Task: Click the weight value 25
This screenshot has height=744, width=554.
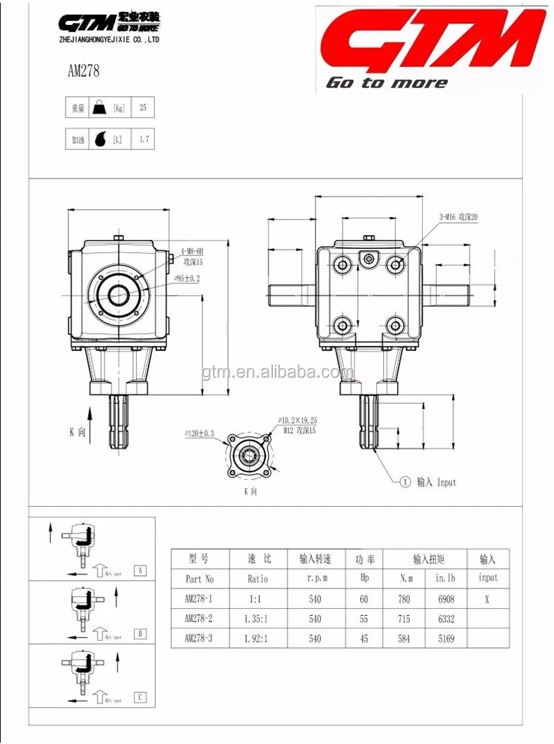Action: [x=144, y=107]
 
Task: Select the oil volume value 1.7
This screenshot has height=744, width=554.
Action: [x=144, y=139]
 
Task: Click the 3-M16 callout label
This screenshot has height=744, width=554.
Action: [x=457, y=217]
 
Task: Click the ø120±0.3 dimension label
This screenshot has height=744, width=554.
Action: [x=200, y=433]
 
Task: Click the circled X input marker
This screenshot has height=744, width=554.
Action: [x=404, y=482]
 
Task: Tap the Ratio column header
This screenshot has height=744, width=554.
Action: [x=257, y=579]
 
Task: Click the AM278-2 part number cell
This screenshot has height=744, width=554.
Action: [x=199, y=618]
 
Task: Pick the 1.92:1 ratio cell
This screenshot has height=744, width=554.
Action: [x=257, y=638]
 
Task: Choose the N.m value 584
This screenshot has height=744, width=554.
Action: [x=404, y=638]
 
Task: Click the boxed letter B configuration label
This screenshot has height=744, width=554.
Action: [x=141, y=633]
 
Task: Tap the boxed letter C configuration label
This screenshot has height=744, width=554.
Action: [x=141, y=697]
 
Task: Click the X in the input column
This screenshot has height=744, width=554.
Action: [x=487, y=599]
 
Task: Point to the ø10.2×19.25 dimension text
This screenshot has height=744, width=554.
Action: [x=298, y=421]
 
